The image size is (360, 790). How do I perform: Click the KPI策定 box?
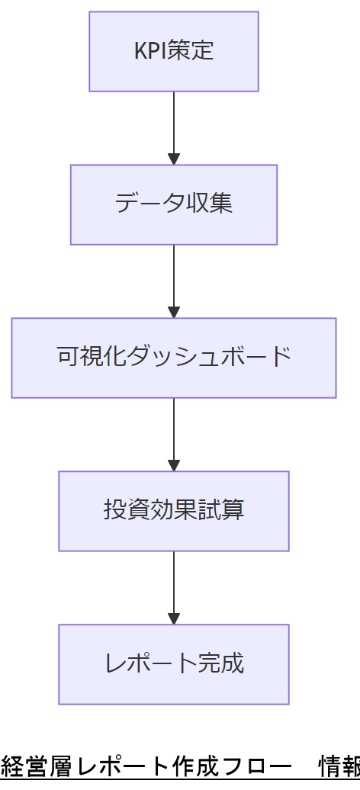(x=174, y=51)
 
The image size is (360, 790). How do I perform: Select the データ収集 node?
(x=174, y=204)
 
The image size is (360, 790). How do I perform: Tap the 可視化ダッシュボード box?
(x=174, y=358)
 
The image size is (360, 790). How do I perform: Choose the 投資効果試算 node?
(x=174, y=511)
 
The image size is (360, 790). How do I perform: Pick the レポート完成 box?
(x=174, y=664)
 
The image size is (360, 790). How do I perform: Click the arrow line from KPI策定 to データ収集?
(x=174, y=122)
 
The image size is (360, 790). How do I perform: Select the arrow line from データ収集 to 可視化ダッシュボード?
(x=174, y=275)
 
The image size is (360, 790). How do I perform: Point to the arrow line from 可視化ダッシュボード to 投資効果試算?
(x=174, y=429)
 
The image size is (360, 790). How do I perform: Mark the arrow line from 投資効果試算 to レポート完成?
(x=174, y=582)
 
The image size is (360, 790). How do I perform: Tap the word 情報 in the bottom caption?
(x=339, y=766)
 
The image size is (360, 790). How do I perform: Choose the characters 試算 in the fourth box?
(x=221, y=511)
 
